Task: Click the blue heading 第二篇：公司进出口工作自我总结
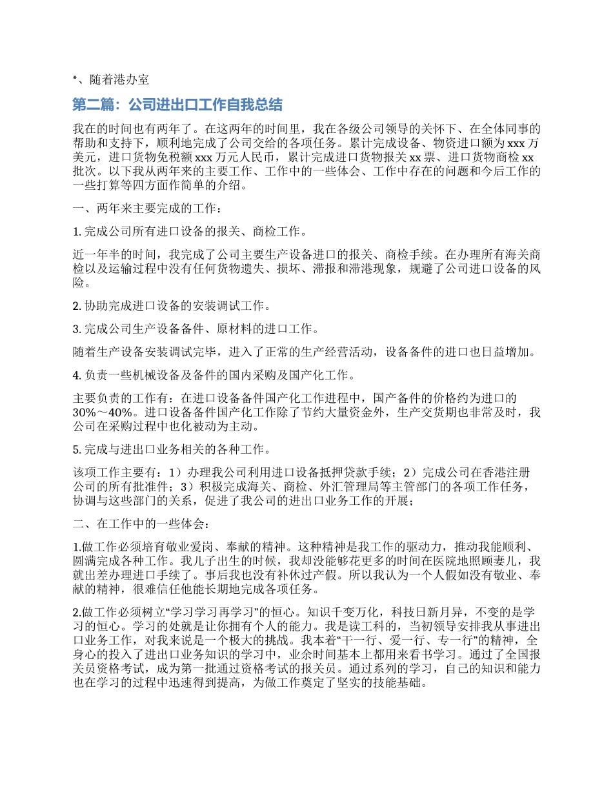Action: [x=177, y=105]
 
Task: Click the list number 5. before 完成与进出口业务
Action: [x=77, y=449]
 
